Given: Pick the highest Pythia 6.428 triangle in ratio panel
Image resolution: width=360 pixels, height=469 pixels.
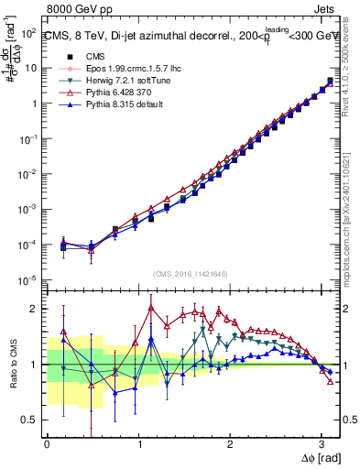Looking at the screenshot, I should (x=150, y=308).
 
